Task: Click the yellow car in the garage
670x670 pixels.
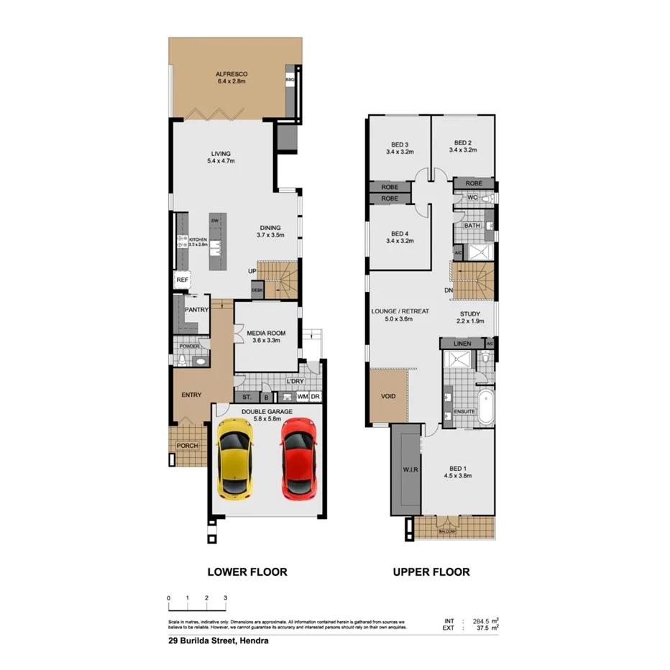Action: [x=234, y=459]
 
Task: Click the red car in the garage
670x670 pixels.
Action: [x=298, y=459]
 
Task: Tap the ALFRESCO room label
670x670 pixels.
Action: [x=231, y=74]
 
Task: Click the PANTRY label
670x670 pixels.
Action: [x=196, y=310]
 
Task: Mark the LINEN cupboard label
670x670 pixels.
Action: [x=463, y=344]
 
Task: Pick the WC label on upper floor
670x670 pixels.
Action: [x=472, y=197]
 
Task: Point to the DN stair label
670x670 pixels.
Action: [x=448, y=290]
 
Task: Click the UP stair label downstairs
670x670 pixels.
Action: [x=252, y=271]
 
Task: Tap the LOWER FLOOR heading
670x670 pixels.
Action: [x=247, y=572]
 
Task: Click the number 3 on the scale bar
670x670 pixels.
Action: [x=225, y=598]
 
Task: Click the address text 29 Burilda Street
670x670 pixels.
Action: [x=213, y=641]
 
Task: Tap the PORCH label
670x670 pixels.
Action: [x=187, y=446]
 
